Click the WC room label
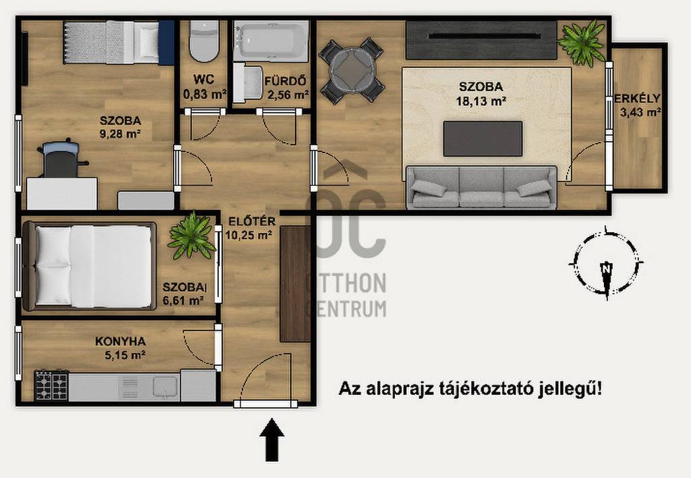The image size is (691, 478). point(204,80)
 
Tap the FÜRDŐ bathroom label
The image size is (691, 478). point(285,81)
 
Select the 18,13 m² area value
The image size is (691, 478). point(480,101)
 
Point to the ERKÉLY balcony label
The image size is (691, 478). point(637,99)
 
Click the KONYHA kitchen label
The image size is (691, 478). point(120,342)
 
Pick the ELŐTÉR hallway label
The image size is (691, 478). point(252,221)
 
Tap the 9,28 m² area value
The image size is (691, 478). point(120,134)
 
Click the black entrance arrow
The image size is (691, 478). point(272,440)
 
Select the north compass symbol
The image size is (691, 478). point(607,263)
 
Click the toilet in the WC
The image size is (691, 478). point(204,41)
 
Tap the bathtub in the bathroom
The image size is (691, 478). point(271,41)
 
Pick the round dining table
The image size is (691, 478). point(352,71)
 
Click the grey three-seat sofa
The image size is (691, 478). point(481,187)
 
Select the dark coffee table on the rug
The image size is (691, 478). point(482,139)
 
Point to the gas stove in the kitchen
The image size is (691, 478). point(51,385)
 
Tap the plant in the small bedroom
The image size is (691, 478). point(192,234)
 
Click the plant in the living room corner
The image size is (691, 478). point(582,43)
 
